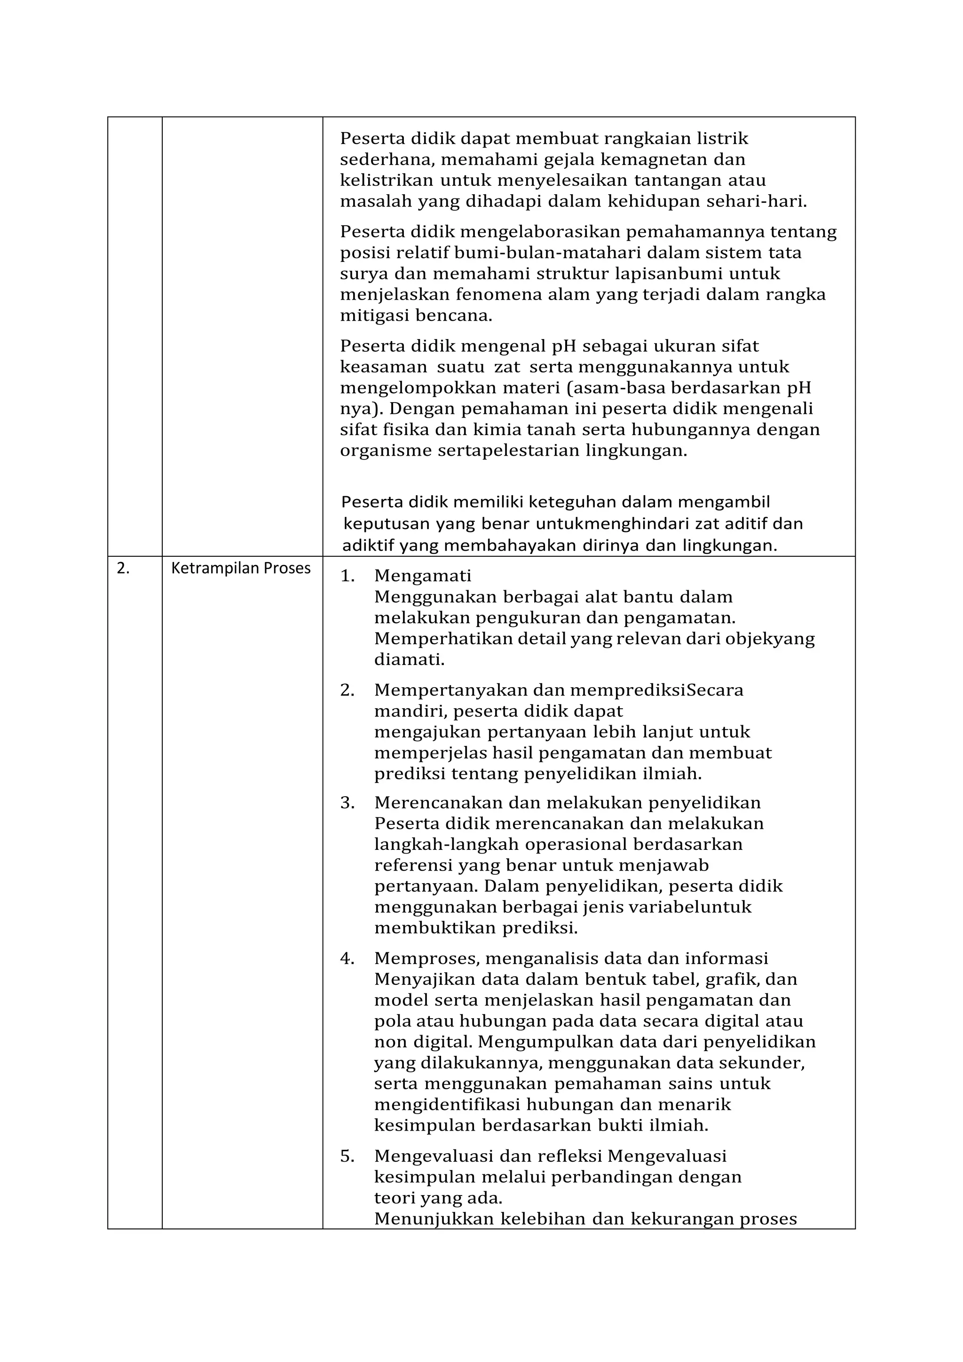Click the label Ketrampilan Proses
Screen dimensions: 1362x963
(241, 568)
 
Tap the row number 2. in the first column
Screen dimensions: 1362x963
(123, 568)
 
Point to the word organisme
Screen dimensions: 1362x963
(386, 451)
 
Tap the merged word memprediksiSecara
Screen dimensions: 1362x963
(656, 690)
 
